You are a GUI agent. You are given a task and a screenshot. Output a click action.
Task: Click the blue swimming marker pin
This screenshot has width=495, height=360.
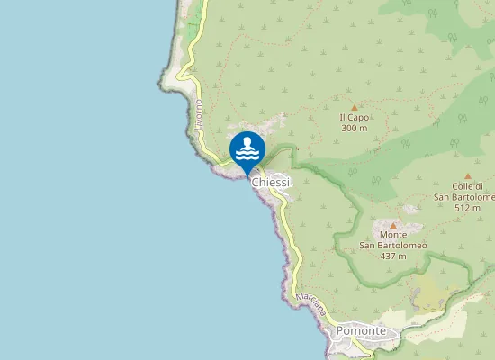(x=247, y=150)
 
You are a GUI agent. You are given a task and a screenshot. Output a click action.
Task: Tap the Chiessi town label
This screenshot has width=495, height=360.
(x=271, y=183)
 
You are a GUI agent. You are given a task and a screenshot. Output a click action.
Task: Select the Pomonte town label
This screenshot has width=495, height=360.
(x=361, y=331)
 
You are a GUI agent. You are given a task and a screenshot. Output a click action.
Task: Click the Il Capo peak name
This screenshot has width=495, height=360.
(x=355, y=117)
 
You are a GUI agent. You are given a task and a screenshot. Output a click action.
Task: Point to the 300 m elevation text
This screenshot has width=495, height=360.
(x=355, y=128)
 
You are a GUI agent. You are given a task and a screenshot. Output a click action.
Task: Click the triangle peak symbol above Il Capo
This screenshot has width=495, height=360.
(x=355, y=107)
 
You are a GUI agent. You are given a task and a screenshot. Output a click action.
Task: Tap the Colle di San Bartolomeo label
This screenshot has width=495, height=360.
(x=465, y=192)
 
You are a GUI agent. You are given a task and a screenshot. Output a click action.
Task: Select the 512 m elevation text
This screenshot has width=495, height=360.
(x=467, y=208)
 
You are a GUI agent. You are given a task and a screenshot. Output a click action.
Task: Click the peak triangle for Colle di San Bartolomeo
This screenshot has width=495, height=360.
(x=467, y=176)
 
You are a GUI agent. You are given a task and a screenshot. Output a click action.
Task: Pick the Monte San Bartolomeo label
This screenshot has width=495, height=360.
(x=393, y=239)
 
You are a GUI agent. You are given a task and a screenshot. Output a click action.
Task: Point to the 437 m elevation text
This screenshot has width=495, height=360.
(x=393, y=256)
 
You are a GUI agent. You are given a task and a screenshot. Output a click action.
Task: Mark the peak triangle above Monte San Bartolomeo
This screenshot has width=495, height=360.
(x=393, y=225)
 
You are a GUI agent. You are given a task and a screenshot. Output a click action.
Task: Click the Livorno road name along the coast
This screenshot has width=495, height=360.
(x=198, y=118)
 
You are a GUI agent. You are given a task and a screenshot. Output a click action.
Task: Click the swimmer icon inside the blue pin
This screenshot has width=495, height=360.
(x=247, y=144)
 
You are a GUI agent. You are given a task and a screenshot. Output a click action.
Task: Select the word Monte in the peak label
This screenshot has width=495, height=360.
(x=393, y=234)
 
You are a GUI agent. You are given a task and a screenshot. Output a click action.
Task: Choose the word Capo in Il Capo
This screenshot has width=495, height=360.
(x=358, y=117)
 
